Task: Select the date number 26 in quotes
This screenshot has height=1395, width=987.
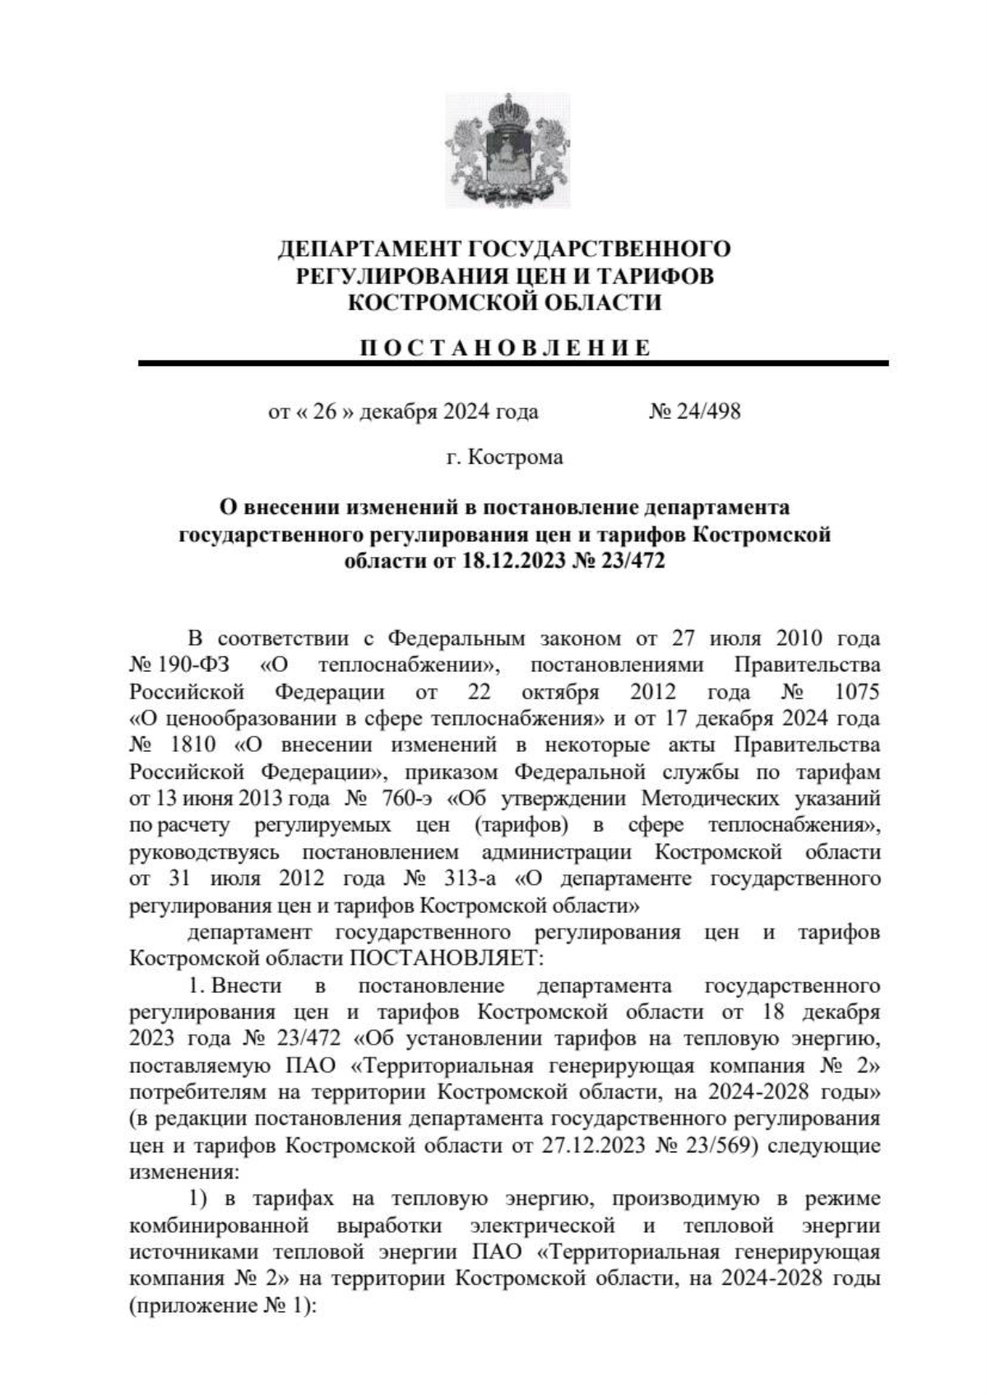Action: pyautogui.click(x=325, y=410)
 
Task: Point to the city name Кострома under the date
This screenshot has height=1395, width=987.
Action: pyautogui.click(x=515, y=457)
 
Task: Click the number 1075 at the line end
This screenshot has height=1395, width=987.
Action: pyautogui.click(x=856, y=691)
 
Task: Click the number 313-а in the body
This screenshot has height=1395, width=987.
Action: pyautogui.click(x=466, y=878)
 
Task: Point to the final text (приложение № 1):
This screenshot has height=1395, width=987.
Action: pyautogui.click(x=222, y=1306)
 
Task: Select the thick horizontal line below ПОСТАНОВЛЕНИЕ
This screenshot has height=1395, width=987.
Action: pyautogui.click(x=512, y=363)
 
